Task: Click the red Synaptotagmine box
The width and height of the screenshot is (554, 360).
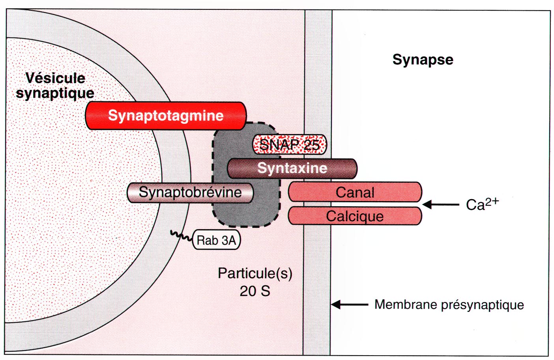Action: (x=166, y=116)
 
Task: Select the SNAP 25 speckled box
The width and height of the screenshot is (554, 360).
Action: (x=290, y=144)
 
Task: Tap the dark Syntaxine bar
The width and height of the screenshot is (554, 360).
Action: (x=292, y=168)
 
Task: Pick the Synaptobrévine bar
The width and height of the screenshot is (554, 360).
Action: (x=190, y=192)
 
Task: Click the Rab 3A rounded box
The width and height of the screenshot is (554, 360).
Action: (x=216, y=240)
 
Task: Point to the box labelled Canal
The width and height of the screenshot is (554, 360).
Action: (x=355, y=192)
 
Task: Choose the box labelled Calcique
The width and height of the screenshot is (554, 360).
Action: (x=355, y=216)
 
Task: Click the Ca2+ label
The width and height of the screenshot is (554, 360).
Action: (x=482, y=204)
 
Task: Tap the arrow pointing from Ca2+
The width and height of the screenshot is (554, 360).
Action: (x=440, y=205)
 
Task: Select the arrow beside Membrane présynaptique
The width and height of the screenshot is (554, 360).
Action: (x=350, y=304)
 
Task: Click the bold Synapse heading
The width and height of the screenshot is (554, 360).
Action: (x=423, y=60)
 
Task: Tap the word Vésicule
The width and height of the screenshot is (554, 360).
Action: (x=55, y=78)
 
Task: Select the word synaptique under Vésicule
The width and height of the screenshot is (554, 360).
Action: (x=55, y=93)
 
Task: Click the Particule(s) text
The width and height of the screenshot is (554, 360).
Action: (x=255, y=273)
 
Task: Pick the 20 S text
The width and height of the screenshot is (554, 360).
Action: (x=255, y=291)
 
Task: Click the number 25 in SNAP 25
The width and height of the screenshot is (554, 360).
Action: (x=311, y=145)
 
